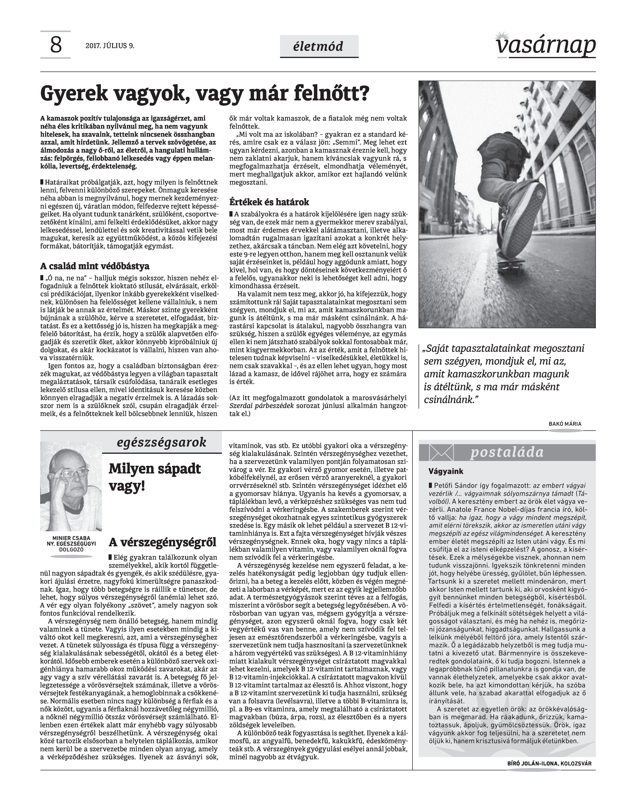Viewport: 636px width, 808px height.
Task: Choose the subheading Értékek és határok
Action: point(269,202)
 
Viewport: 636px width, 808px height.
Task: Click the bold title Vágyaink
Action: point(446,472)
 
